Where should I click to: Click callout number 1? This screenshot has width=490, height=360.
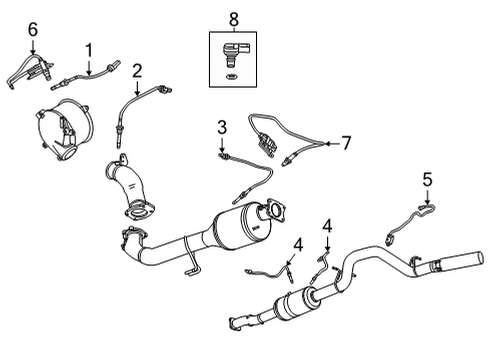pos(88,48)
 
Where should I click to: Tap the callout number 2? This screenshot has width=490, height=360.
pos(137,71)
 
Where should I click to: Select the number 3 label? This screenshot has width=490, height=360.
pos(222,127)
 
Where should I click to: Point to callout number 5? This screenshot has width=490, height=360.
pos(426,180)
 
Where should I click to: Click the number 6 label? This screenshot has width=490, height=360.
pos(32,32)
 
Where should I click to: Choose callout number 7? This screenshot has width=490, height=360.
pos(346,143)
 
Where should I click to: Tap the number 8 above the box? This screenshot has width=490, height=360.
pos(235,17)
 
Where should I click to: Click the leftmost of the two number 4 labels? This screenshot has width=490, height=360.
pos(296,244)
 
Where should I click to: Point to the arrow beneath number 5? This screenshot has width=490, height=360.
pos(426,198)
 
